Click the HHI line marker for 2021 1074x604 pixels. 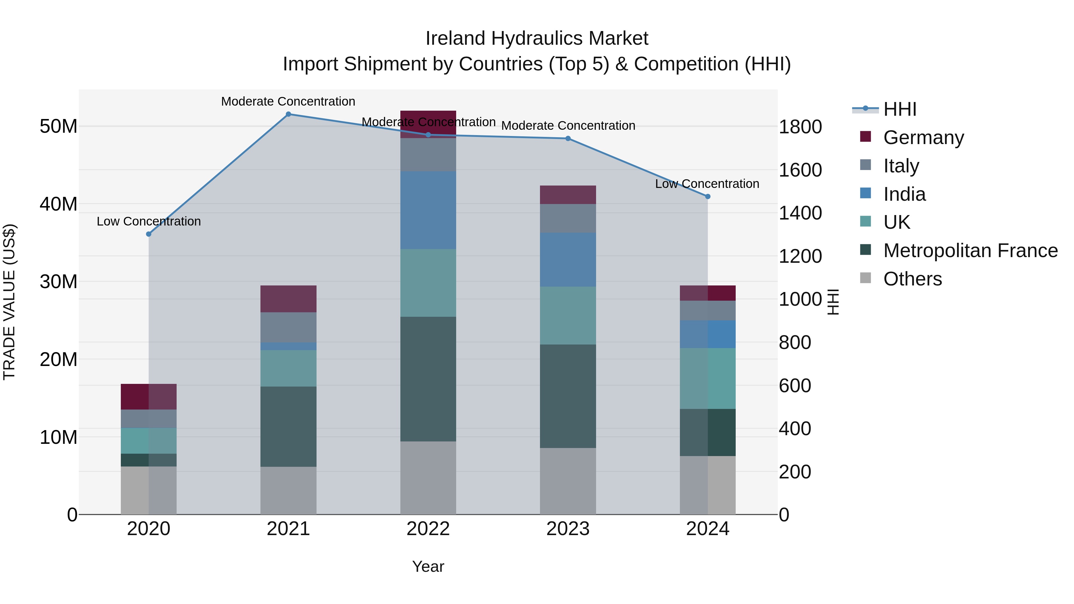click(288, 114)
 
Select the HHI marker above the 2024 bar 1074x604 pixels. click(708, 196)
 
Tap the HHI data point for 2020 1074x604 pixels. click(149, 234)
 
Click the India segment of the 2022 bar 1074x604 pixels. click(428, 210)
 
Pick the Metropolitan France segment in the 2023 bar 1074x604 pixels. click(568, 396)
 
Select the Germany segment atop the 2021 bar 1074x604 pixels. click(288, 299)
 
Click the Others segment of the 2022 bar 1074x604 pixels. click(428, 478)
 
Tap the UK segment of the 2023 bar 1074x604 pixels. click(568, 316)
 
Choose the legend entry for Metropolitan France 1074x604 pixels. click(970, 251)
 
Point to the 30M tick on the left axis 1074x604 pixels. click(58, 282)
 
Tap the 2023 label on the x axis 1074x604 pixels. click(568, 529)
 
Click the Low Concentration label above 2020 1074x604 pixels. click(149, 221)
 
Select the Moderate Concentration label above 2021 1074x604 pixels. click(288, 101)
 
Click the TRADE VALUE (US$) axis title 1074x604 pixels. click(9, 302)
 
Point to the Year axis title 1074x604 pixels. click(428, 566)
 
